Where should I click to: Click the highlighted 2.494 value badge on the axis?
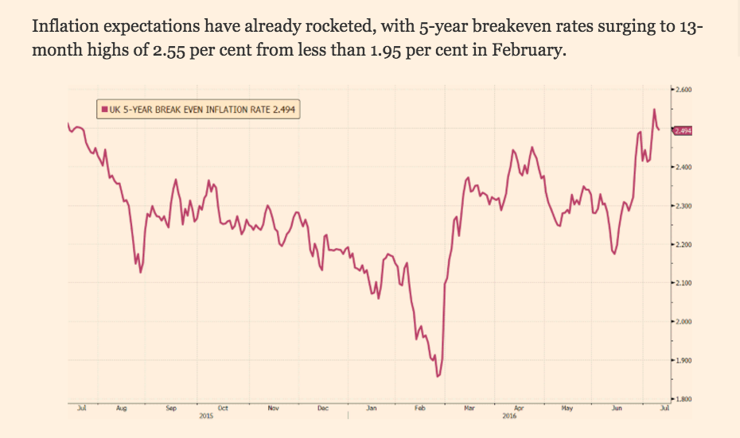coord(683,131)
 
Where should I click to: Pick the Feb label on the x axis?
coord(420,408)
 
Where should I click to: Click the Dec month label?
coord(322,408)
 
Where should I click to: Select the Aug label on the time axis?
coord(121,408)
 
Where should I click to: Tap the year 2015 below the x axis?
coord(206,415)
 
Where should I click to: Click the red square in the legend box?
coord(102,110)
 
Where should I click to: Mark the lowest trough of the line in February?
coord(438,376)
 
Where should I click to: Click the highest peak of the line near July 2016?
coord(654,110)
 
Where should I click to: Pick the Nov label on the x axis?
coord(273,408)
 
